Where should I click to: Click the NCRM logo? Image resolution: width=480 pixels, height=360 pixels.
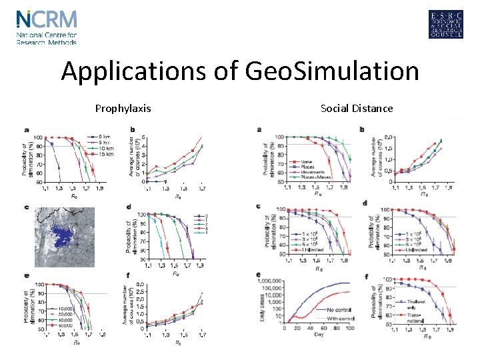tap(47, 27)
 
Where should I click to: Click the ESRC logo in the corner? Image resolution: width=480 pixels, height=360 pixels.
tap(446, 25)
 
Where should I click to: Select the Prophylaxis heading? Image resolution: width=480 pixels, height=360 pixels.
tap(123, 108)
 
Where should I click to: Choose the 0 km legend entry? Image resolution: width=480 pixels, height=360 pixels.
tap(105, 136)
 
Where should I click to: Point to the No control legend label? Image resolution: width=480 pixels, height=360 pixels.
tap(321, 310)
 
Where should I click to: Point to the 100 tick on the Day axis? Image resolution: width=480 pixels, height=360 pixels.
tap(350, 329)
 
